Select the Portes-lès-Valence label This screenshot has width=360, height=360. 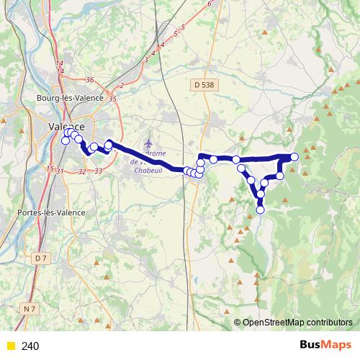point(51,212)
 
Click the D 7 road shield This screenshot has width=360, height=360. point(40,257)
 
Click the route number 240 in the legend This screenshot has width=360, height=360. point(31,346)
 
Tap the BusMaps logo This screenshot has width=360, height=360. point(325,346)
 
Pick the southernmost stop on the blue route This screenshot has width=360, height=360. point(261,210)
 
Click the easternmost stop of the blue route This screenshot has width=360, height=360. point(294,158)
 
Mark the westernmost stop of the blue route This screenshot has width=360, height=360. point(66,140)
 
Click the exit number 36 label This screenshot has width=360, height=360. point(90,80)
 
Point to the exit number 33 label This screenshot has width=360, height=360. point(98,171)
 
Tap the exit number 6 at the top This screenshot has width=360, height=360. point(210,4)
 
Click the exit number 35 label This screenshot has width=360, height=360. point(112,99)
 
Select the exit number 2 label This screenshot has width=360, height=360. point(122,86)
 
